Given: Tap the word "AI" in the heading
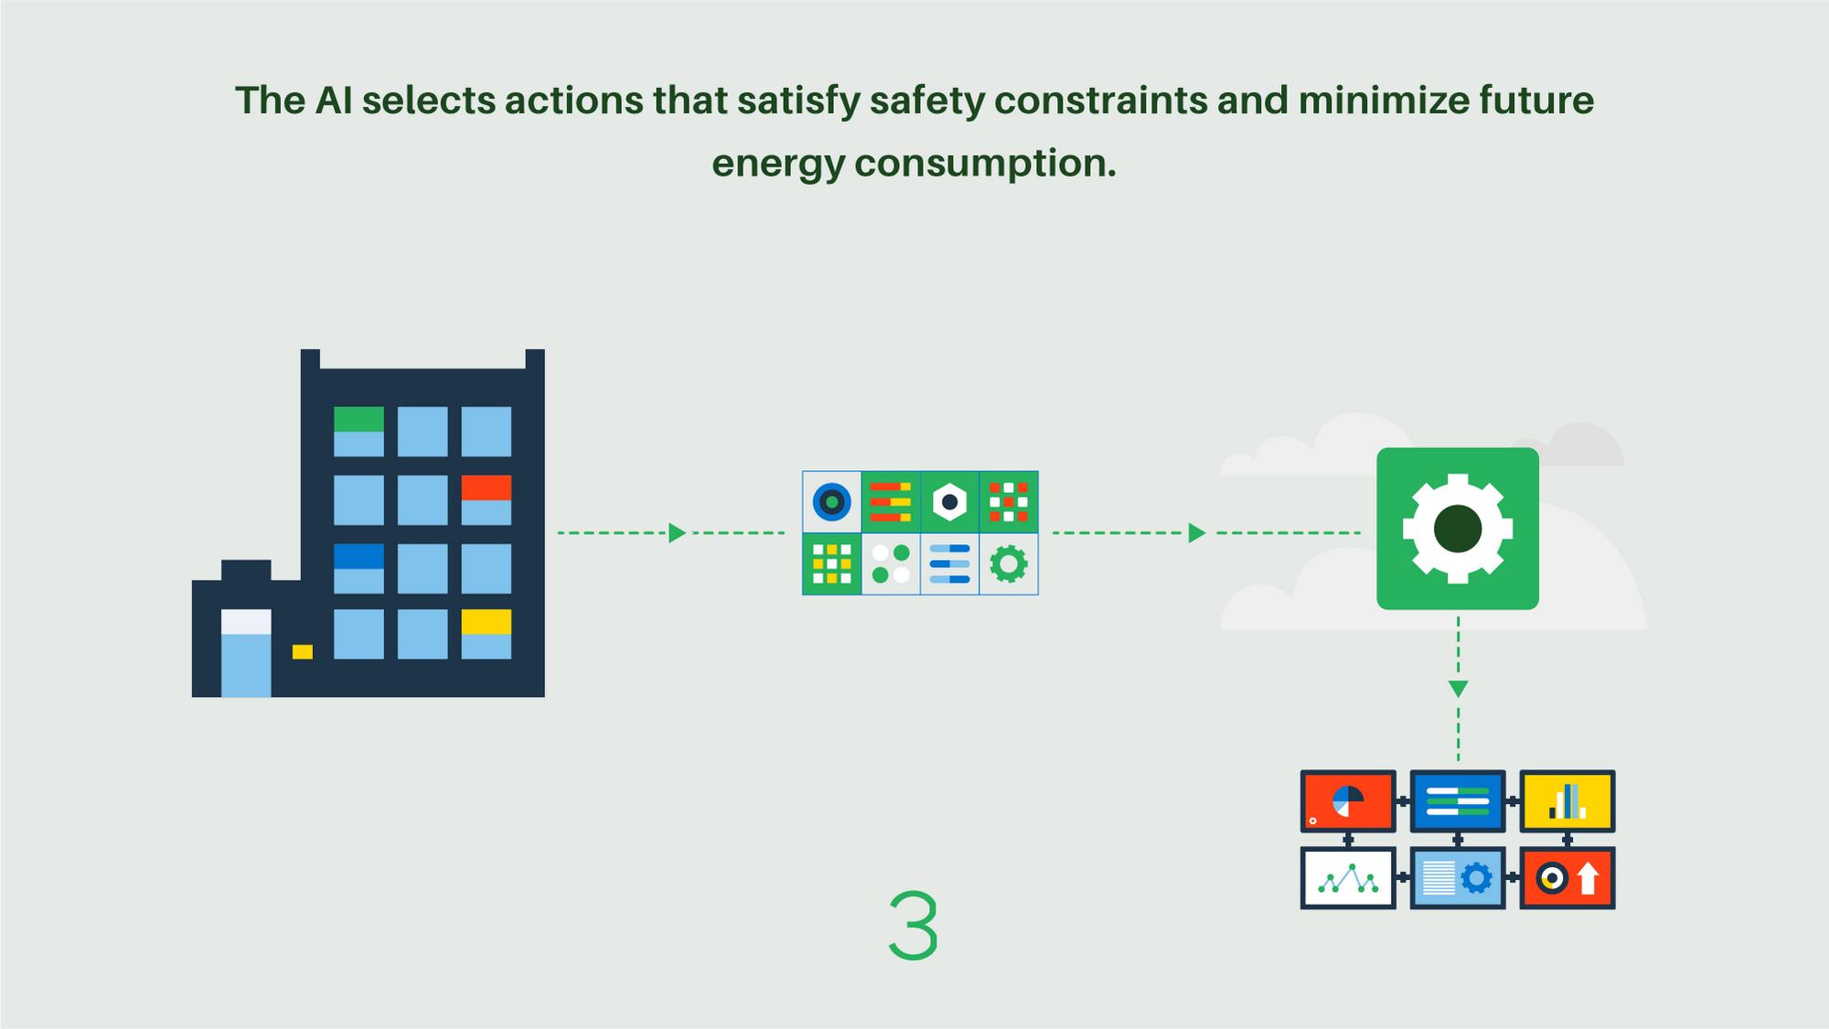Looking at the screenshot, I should point(334,101).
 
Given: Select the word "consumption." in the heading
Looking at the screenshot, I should point(985,165).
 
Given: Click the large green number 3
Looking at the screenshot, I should point(914,926).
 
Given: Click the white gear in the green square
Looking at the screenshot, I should point(1458,529).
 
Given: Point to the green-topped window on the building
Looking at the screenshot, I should point(358,431).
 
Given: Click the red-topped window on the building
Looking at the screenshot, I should point(486,499).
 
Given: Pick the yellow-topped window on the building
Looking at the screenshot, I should point(486,634).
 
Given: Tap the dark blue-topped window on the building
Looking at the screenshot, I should point(358,568).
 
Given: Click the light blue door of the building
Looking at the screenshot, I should point(246,653).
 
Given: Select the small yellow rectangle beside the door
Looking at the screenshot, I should point(303,652).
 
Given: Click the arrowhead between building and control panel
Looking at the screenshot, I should point(677,533).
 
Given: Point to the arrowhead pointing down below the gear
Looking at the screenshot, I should point(1459,689).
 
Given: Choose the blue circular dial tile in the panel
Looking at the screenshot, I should point(832,501).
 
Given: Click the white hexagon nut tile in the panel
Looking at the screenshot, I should point(949,501).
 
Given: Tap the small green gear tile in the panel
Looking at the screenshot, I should point(1009,564).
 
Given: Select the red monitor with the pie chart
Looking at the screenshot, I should point(1348,801).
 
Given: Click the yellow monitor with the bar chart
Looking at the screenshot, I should point(1567,801).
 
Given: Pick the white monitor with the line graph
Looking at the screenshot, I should point(1348,878).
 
